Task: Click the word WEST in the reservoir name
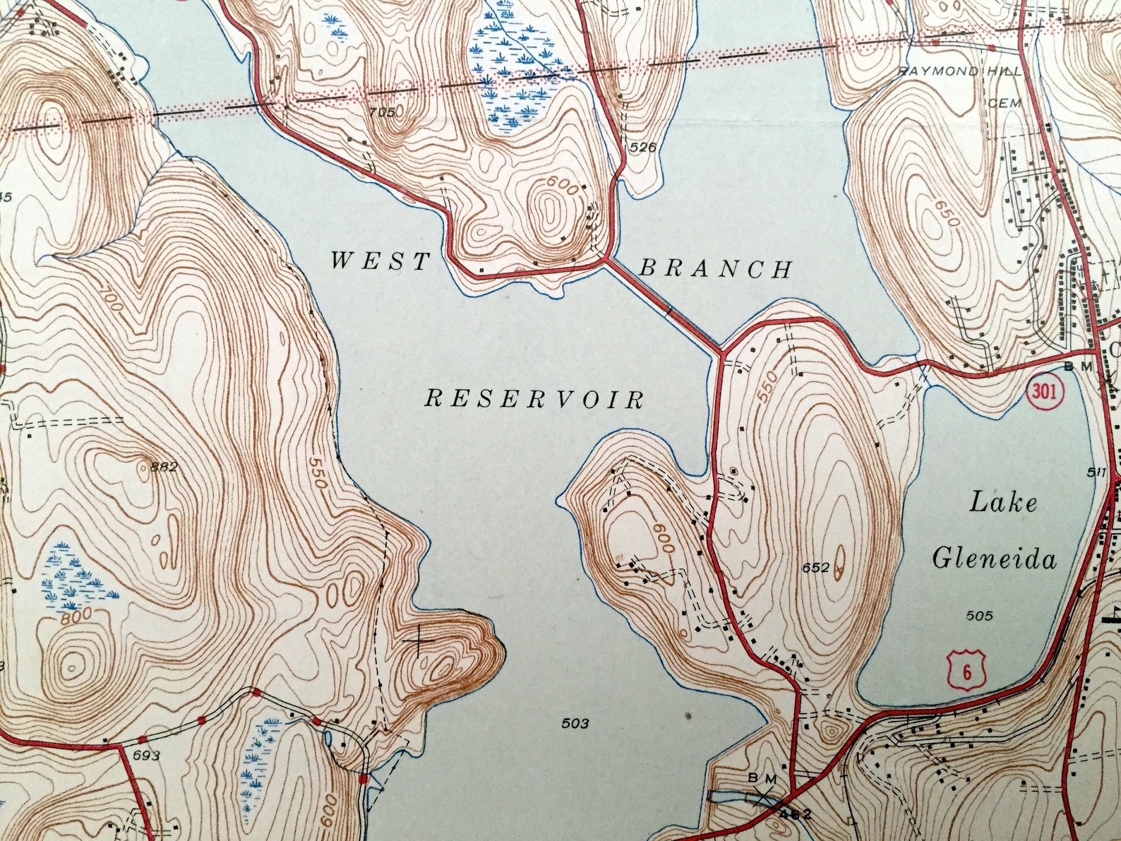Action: [x=380, y=262]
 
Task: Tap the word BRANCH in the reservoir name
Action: [x=715, y=269]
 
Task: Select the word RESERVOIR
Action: [x=534, y=400]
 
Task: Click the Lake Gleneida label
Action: [x=995, y=531]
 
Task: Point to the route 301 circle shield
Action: [x=1045, y=393]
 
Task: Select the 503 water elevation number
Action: [x=575, y=723]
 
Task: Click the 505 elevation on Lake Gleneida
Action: [x=979, y=616]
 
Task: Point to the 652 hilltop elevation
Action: [x=815, y=567]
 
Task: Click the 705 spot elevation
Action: [x=383, y=112]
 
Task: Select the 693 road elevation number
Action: [x=146, y=756]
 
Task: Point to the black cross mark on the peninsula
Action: [x=421, y=640]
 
